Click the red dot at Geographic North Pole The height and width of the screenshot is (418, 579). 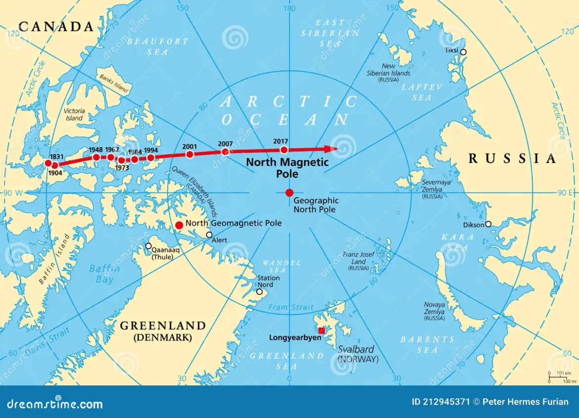tap(289, 192)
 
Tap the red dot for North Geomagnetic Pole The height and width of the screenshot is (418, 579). tap(179, 226)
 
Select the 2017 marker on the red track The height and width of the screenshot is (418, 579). tap(284, 150)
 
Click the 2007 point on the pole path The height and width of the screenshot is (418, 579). tap(225, 151)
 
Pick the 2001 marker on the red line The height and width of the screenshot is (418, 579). tap(190, 154)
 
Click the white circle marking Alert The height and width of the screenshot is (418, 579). tap(209, 235)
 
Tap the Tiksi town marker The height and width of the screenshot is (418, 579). tap(463, 52)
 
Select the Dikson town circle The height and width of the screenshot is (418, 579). tap(488, 224)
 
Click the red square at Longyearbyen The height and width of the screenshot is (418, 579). tap(322, 330)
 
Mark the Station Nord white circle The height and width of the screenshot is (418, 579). tap(259, 292)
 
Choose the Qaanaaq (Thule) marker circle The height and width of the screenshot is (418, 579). tap(148, 246)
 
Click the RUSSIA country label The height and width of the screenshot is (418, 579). tap(512, 159)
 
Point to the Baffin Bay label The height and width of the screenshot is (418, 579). tap(104, 274)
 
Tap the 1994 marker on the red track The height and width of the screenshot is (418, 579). tap(151, 158)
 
